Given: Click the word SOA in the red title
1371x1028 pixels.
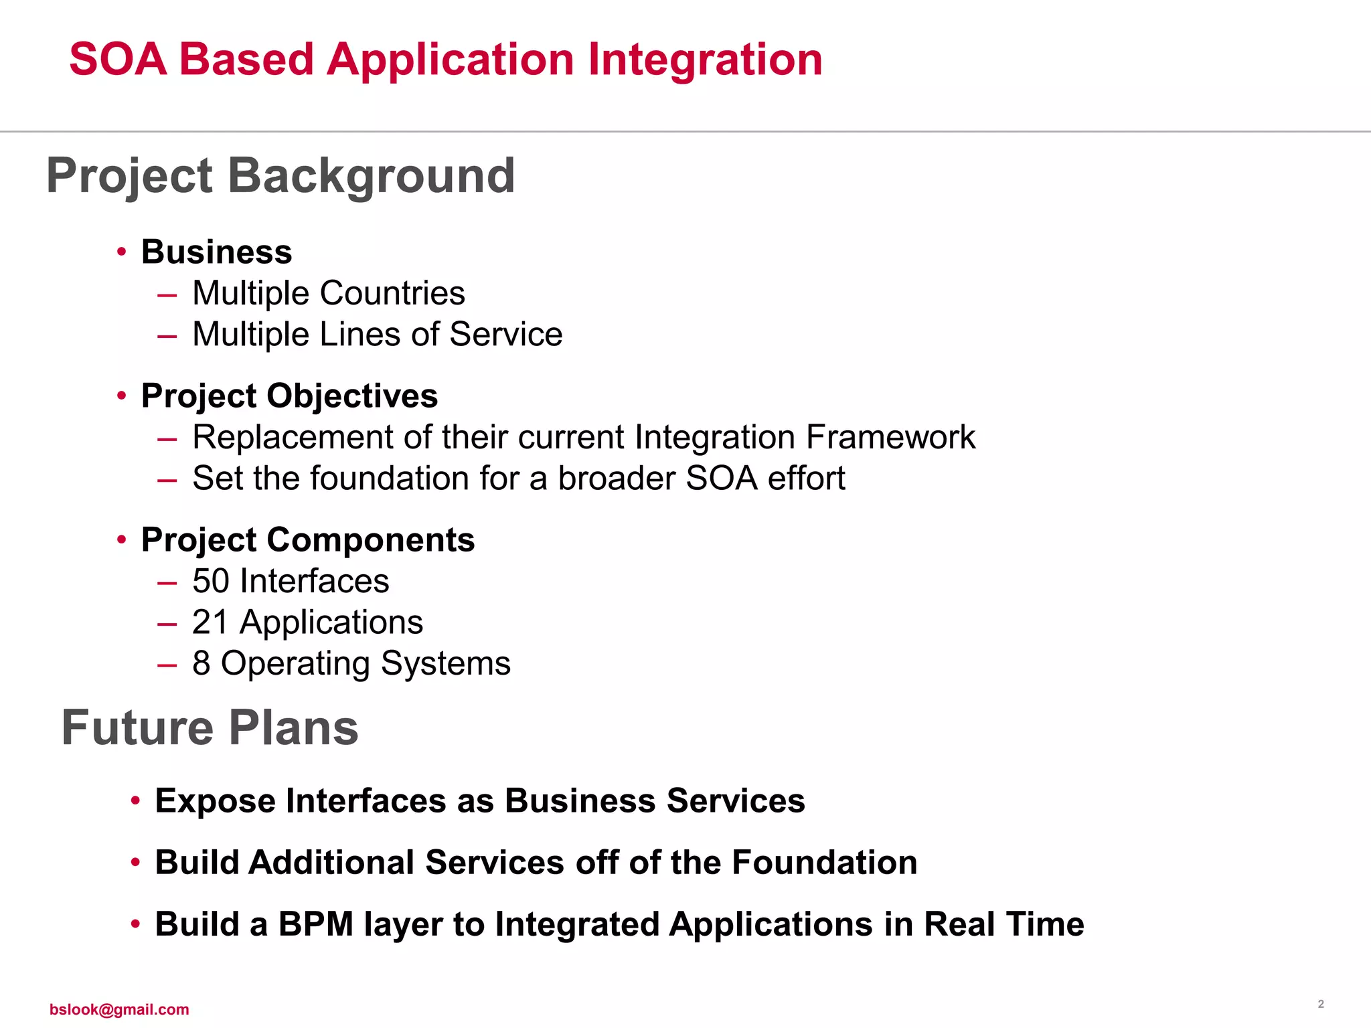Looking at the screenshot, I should pos(118,60).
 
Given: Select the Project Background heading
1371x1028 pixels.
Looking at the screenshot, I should pos(280,176).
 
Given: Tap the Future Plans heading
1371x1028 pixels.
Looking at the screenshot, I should pos(210,728).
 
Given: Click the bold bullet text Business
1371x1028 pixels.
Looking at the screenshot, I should pos(216,252).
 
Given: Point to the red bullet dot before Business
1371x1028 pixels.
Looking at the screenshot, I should pos(121,252).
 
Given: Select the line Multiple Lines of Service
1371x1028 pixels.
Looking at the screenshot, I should pos(377,335).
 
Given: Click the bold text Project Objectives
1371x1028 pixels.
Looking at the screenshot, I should pos(289,396).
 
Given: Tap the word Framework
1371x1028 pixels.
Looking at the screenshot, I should pos(890,438).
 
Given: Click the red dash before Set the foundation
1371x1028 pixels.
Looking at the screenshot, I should pos(167,480).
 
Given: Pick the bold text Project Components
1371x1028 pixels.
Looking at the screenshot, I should pos(308,540).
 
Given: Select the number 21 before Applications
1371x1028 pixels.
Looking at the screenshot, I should pos(210,622).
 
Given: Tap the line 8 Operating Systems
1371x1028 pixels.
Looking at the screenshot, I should pos(351,664).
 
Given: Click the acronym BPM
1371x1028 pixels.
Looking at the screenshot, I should pos(315,924).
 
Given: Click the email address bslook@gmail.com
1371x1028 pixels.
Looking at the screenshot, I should pos(119,1009).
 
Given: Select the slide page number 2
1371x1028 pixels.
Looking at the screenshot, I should pos(1321,1004).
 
